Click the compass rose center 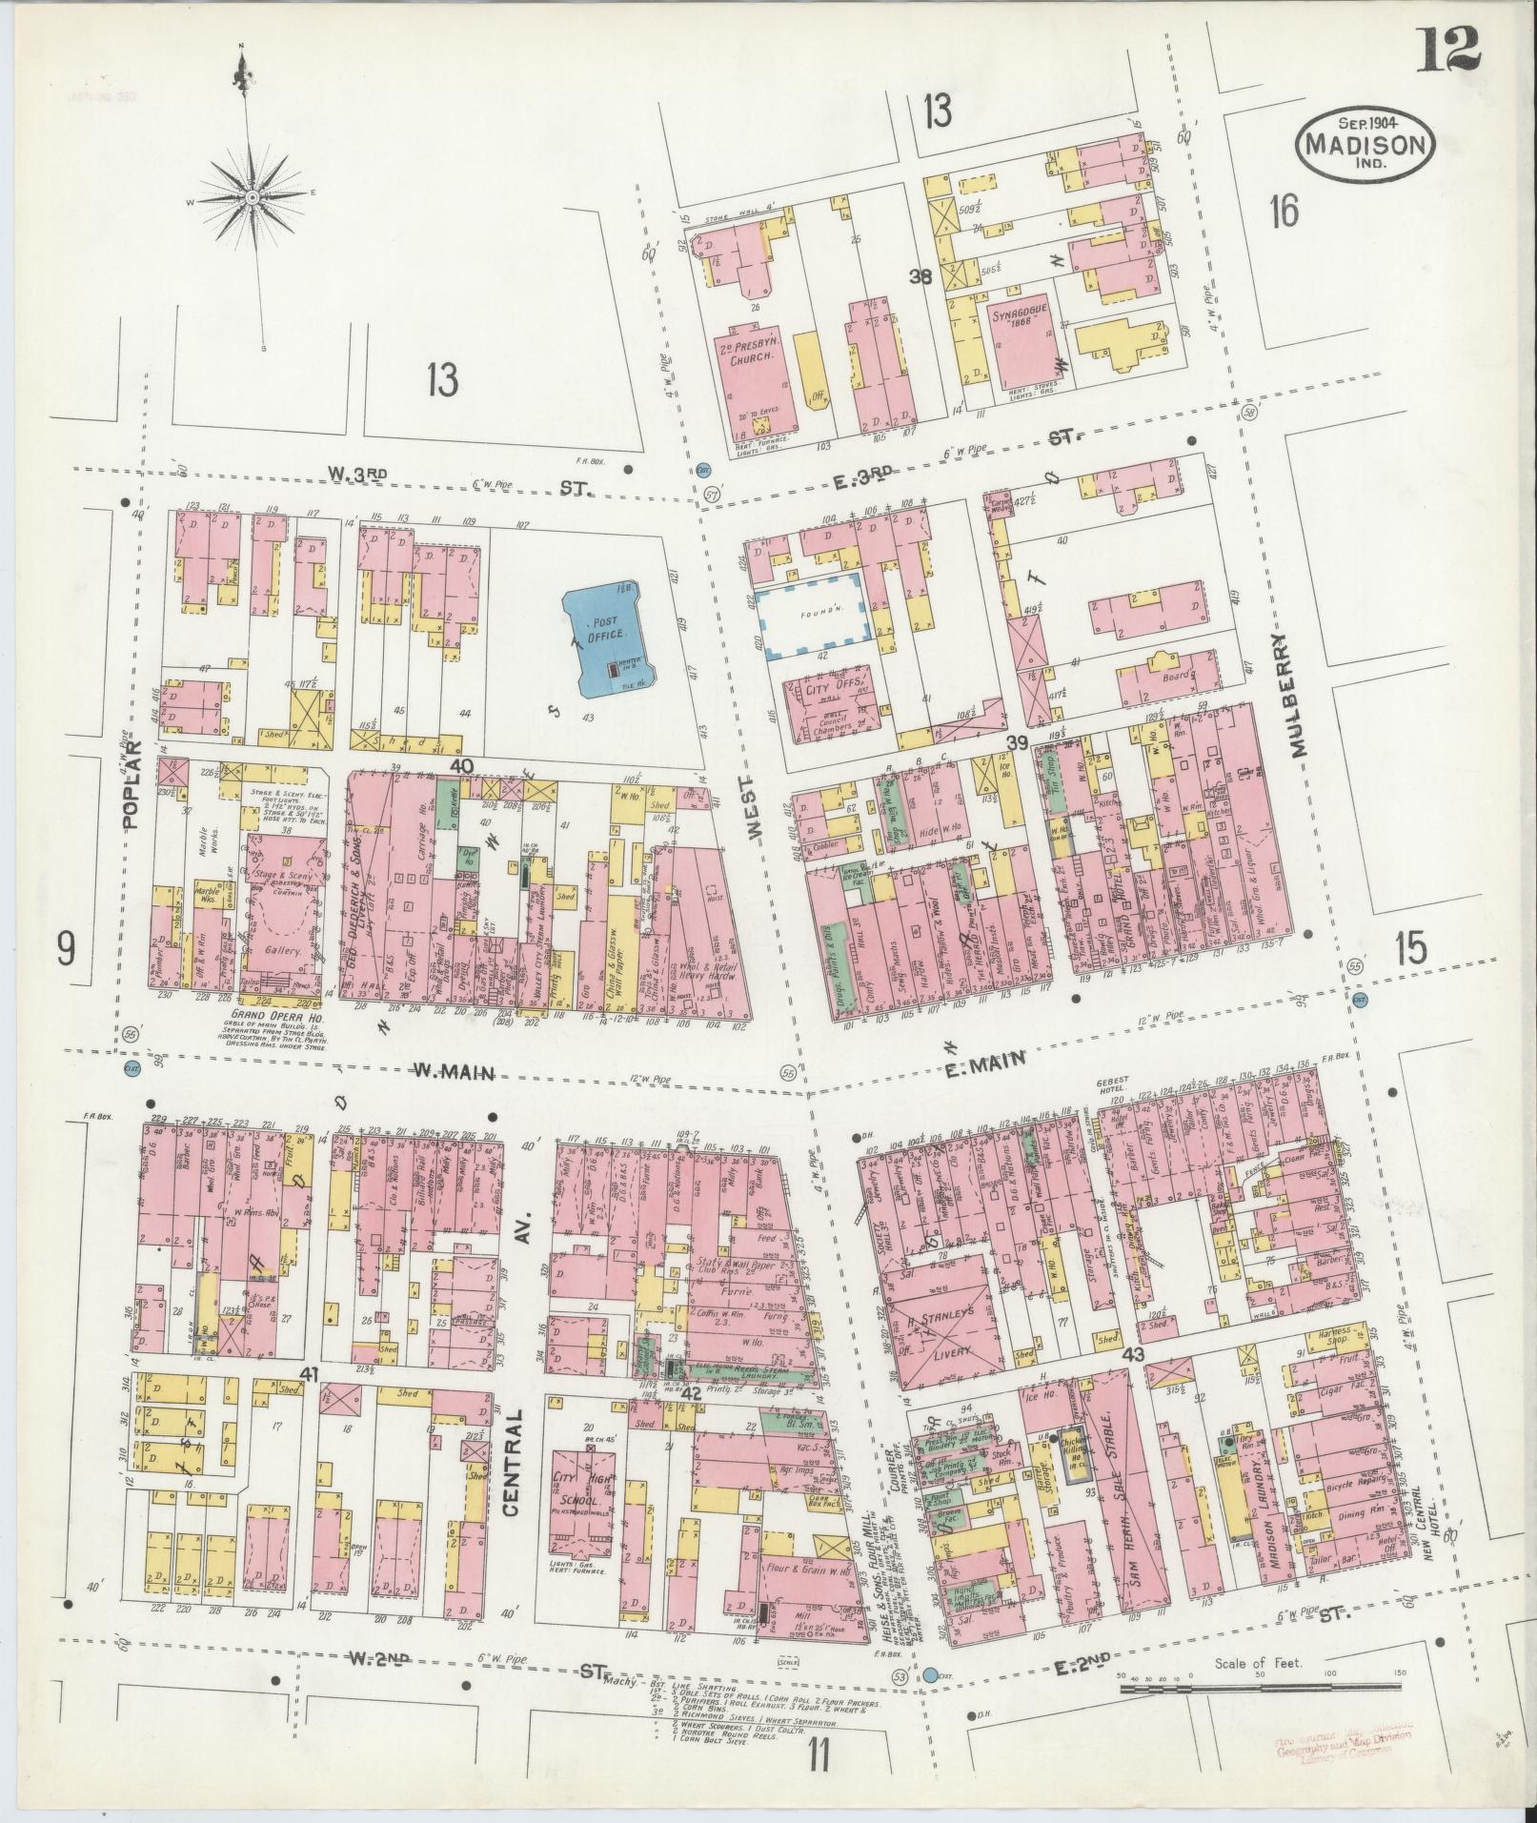[253, 197]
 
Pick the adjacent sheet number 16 [1283, 211]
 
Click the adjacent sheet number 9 [66, 949]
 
